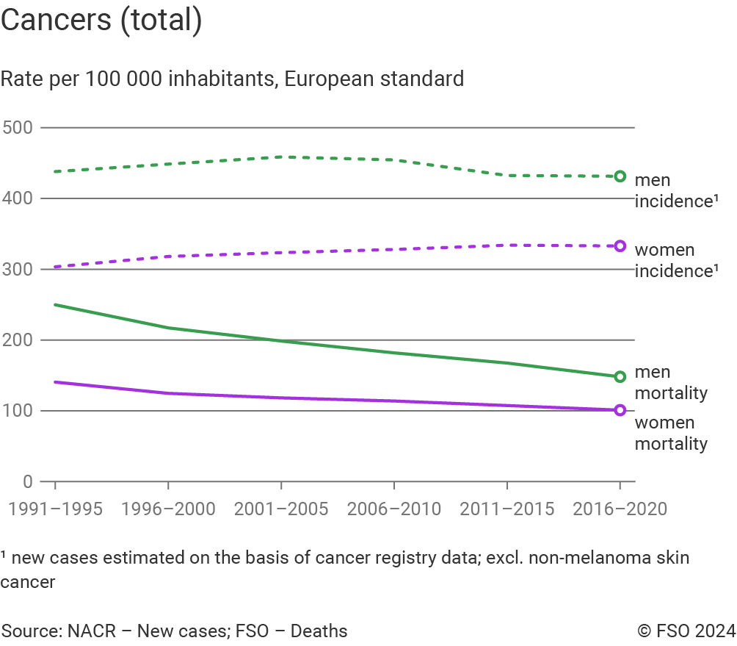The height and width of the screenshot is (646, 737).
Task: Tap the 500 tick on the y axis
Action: [18, 128]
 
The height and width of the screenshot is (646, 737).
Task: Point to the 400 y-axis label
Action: [18, 198]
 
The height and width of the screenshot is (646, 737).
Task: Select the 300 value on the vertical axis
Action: [18, 269]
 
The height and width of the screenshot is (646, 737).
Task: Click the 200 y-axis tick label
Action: [18, 340]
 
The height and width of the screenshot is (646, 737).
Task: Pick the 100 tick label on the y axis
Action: [18, 411]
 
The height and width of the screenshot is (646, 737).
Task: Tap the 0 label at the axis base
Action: [27, 481]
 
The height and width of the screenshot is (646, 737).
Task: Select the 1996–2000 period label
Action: [168, 509]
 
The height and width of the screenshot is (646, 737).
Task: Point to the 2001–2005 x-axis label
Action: [281, 509]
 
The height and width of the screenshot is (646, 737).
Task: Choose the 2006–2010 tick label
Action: [394, 509]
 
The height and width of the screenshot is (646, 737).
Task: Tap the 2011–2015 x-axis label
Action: [507, 509]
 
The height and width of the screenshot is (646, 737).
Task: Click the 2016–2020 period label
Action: [620, 509]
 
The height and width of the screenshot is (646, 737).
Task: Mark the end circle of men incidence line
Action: [620, 176]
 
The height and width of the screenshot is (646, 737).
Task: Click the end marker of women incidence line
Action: [620, 245]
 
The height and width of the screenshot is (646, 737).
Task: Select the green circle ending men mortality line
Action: [620, 376]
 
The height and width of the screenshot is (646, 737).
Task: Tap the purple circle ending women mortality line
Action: [620, 410]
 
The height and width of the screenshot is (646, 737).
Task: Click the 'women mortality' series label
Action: [671, 434]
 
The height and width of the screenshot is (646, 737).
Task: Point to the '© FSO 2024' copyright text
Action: [686, 631]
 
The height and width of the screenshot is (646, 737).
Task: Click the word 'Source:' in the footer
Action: [32, 631]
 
